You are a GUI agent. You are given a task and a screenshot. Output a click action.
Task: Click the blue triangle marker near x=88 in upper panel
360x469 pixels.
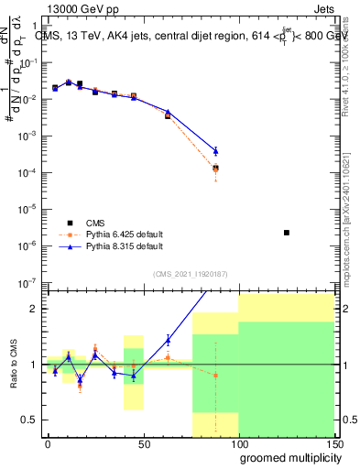pyautogui.click(x=215, y=151)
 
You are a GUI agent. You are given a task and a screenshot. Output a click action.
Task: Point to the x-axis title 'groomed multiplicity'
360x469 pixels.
pyautogui.click(x=286, y=456)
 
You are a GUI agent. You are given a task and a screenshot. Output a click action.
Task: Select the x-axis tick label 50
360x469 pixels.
pyautogui.click(x=143, y=443)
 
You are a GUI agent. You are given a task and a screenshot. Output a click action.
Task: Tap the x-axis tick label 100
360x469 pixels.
pyautogui.click(x=238, y=443)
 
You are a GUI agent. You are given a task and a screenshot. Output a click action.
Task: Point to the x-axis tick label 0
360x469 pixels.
pyautogui.click(x=48, y=443)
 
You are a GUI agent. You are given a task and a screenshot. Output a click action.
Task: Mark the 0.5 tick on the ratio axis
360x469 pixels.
pyautogui.click(x=29, y=420)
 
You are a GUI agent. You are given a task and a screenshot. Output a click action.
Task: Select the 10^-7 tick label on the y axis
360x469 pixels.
pyautogui.click(x=27, y=282)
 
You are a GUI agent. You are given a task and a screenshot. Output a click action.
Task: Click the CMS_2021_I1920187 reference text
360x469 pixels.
pyautogui.click(x=189, y=274)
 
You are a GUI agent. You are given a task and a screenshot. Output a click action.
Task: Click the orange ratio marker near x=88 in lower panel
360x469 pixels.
pyautogui.click(x=215, y=376)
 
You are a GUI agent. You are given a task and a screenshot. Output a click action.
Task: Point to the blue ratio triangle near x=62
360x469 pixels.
pyautogui.click(x=168, y=340)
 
